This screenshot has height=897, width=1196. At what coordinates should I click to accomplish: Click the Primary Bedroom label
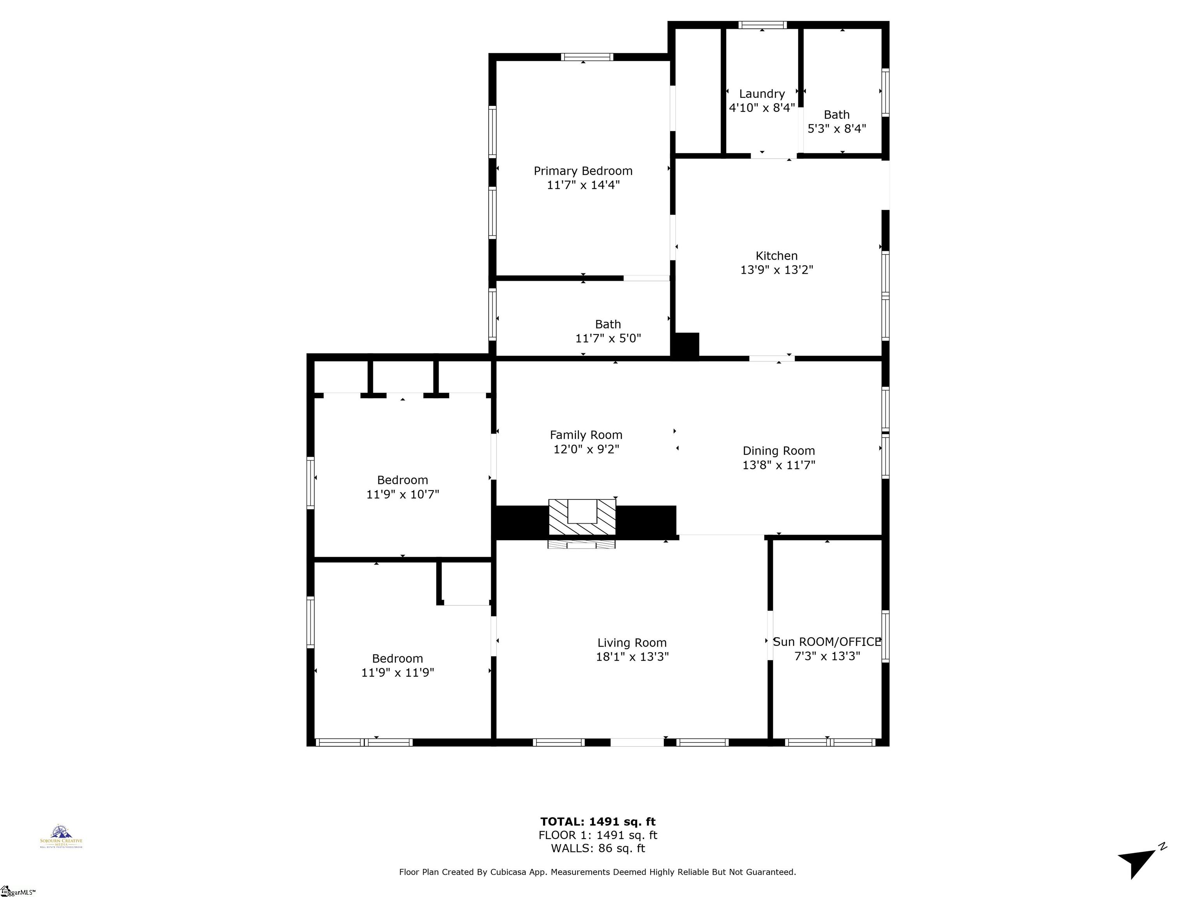(583, 171)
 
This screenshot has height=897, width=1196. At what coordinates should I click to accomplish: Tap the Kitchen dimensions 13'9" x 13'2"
(776, 270)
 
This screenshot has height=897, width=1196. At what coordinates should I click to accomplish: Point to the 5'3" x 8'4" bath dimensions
(836, 129)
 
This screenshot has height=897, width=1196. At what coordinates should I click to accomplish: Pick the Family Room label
(586, 435)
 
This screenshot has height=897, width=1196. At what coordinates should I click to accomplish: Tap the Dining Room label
(779, 451)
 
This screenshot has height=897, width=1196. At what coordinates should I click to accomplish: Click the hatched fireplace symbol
(582, 518)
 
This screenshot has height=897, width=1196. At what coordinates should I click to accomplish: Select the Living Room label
(631, 643)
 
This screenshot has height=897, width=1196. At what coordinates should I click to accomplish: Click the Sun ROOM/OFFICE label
(827, 642)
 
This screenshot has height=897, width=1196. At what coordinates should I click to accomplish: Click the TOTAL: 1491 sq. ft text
(598, 822)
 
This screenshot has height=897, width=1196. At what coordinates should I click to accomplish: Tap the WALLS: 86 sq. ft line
(598, 848)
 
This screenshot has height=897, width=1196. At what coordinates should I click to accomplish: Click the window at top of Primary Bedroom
(587, 57)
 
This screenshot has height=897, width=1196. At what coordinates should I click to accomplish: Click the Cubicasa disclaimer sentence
(598, 872)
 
